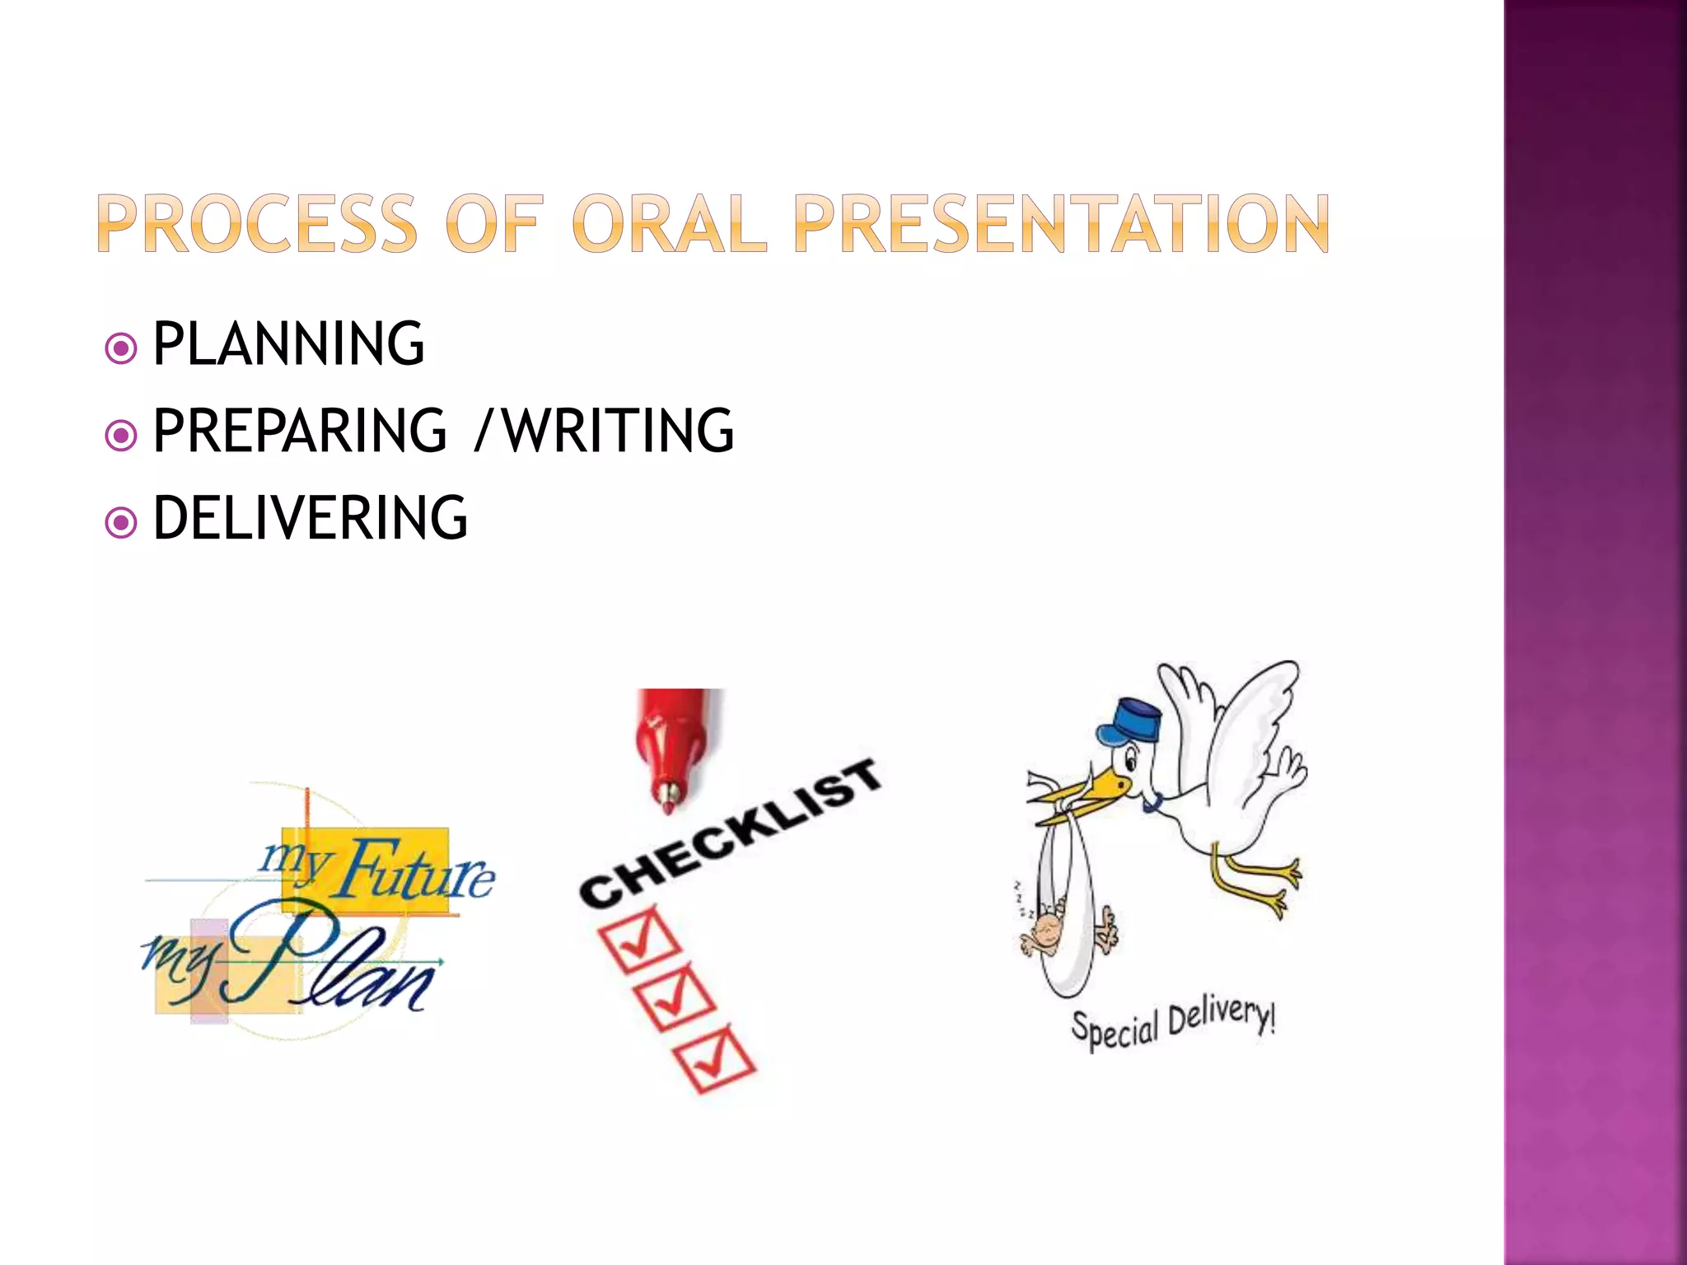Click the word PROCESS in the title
tap(256, 223)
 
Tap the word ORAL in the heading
tap(668, 223)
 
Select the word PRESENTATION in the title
tap(1062, 223)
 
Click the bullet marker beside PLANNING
tap(121, 348)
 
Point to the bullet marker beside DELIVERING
tap(121, 522)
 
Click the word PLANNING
tap(288, 344)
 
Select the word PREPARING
tap(300, 431)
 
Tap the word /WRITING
tap(604, 431)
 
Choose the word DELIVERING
tap(311, 518)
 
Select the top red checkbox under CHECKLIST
tap(639, 938)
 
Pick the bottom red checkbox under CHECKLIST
tap(714, 1060)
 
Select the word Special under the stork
tap(1115, 1029)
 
